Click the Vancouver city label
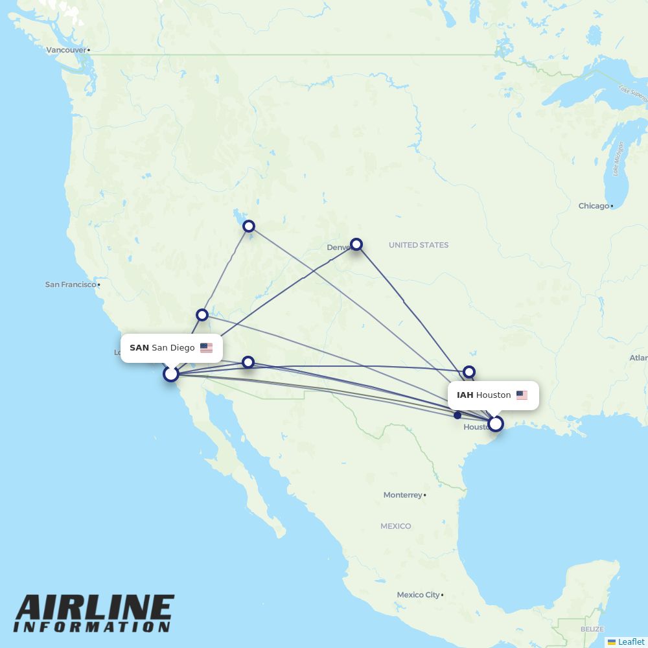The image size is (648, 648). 66,50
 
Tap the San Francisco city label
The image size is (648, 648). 70,284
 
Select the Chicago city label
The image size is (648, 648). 594,206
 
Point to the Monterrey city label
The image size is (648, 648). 402,495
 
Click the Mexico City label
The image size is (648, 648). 418,595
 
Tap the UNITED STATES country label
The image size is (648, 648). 418,245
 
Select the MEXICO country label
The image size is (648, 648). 395,526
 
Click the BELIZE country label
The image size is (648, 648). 592,629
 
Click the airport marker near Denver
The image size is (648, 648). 356,244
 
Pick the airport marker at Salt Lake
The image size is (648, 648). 249,226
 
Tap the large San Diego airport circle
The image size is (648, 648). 170,374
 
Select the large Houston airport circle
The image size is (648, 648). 496,424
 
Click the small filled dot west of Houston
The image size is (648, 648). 457,415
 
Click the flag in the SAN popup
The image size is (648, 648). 206,348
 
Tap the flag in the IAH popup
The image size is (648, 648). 522,395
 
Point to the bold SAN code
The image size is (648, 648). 139,348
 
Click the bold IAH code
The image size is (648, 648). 465,395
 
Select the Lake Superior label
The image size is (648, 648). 632,94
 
